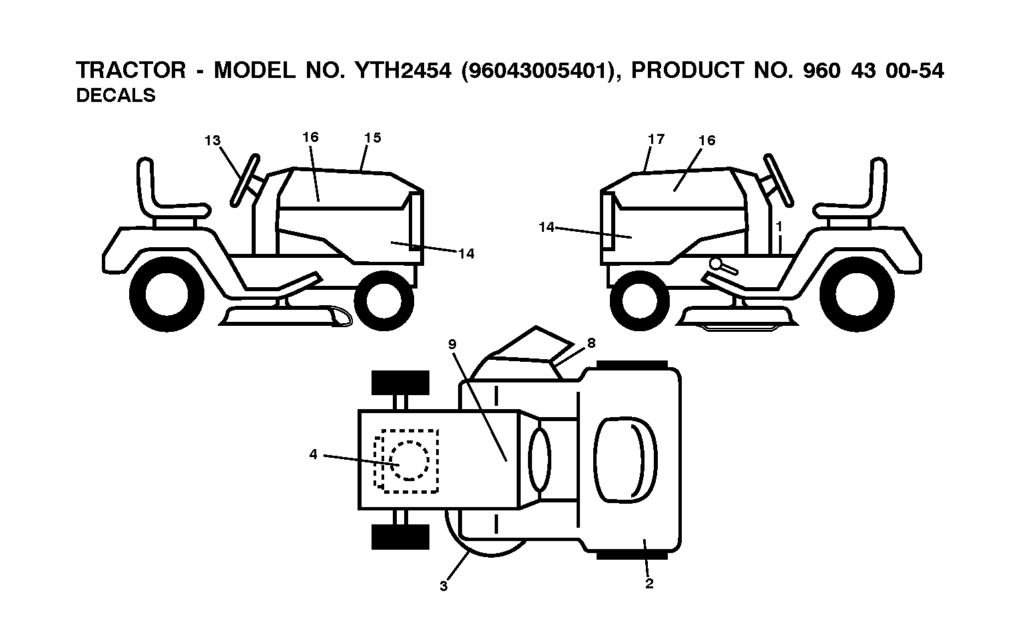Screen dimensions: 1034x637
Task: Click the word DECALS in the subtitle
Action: (x=116, y=95)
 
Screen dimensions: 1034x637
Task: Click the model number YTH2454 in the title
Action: (x=403, y=71)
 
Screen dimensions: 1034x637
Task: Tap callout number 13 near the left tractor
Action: (x=212, y=141)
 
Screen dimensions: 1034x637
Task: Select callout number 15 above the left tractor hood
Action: (x=372, y=138)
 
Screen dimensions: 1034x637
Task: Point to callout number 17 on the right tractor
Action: (x=656, y=139)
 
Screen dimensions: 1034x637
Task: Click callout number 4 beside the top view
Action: (x=314, y=454)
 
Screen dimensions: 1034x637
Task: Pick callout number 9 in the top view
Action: (x=452, y=344)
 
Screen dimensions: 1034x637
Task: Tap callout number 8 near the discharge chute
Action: (x=591, y=342)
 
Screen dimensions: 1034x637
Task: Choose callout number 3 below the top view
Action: (x=443, y=586)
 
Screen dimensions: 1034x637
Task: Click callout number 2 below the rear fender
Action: (x=649, y=584)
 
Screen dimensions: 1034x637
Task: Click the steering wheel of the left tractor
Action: (x=245, y=180)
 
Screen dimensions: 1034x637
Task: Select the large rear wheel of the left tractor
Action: (x=166, y=295)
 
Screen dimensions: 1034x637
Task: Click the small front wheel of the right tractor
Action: (x=639, y=301)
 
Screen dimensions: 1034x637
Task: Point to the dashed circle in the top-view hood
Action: (x=409, y=460)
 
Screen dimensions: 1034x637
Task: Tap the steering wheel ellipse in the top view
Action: (x=539, y=458)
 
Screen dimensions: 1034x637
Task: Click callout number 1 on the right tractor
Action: (x=779, y=227)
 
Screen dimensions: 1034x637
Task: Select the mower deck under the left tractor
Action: (x=285, y=315)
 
